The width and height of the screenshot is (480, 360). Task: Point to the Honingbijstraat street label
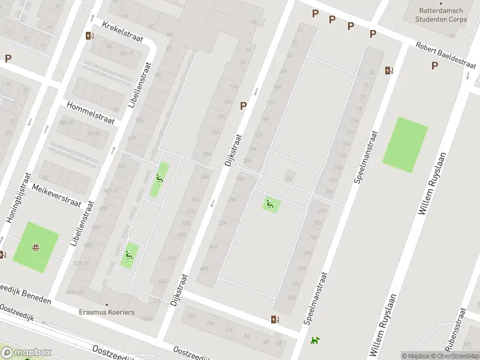(x=19, y=198)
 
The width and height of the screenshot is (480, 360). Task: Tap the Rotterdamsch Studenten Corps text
(x=442, y=15)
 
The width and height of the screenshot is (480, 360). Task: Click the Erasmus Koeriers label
(x=107, y=312)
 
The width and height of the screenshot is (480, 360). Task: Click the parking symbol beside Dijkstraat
(x=244, y=106)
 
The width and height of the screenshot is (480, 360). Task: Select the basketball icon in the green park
(x=36, y=247)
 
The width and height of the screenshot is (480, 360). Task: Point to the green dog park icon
(x=314, y=340)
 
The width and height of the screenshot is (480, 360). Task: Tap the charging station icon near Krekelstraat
(x=89, y=35)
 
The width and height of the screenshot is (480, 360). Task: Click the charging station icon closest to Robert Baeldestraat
(x=389, y=70)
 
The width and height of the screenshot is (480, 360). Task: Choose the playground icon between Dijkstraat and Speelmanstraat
(x=270, y=204)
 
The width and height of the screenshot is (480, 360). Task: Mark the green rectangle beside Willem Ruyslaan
(x=405, y=145)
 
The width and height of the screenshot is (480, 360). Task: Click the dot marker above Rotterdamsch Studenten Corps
(x=441, y=4)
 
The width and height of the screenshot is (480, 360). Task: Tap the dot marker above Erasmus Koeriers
(x=107, y=304)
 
